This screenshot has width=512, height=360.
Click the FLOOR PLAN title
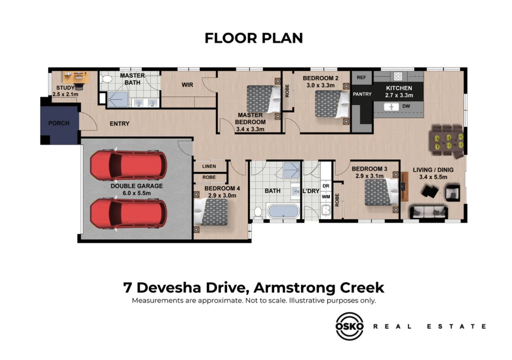[x=253, y=38]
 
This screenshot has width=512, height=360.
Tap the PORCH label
[x=58, y=123]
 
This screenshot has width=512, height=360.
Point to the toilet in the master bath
[x=107, y=78]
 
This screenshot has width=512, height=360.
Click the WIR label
[x=188, y=85]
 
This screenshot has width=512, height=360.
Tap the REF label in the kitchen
[x=361, y=77]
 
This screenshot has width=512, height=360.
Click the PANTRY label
[x=362, y=94]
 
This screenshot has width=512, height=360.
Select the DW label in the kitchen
[x=406, y=106]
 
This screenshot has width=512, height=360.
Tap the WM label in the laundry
[x=326, y=197]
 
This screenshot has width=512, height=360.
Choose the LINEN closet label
[x=209, y=166]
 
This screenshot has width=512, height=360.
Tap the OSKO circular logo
[x=349, y=326]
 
